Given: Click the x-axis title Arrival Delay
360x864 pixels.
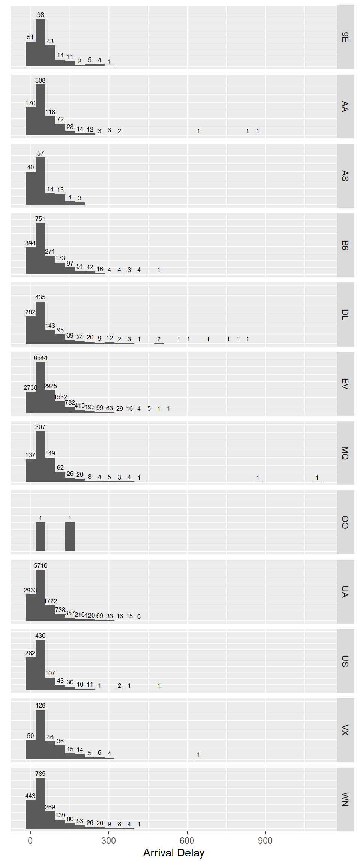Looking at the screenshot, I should pyautogui.click(x=174, y=853).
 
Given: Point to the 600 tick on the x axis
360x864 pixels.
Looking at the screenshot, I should pyautogui.click(x=187, y=840).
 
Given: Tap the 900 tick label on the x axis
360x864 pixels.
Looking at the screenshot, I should pyautogui.click(x=265, y=840).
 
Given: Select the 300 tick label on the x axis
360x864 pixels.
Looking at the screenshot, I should pyautogui.click(x=108, y=840).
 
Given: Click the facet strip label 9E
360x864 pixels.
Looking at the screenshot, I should pyautogui.click(x=345, y=37).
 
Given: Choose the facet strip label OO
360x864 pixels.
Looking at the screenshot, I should pyautogui.click(x=345, y=522).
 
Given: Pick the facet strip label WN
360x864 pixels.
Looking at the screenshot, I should pyautogui.click(x=345, y=799).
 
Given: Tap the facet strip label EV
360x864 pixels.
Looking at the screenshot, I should pyautogui.click(x=345, y=384).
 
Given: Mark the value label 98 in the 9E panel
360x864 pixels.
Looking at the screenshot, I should pyautogui.click(x=40, y=15).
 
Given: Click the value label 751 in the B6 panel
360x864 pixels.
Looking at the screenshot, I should pyautogui.click(x=40, y=219).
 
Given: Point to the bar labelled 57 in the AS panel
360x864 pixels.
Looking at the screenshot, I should pyautogui.click(x=40, y=181).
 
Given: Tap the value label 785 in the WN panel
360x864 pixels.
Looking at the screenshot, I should pyautogui.click(x=40, y=774).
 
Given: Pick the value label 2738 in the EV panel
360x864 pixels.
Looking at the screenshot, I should pyautogui.click(x=30, y=387).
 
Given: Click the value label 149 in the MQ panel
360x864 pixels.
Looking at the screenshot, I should pyautogui.click(x=50, y=453).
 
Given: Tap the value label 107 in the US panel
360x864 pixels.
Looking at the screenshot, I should pyautogui.click(x=50, y=673).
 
